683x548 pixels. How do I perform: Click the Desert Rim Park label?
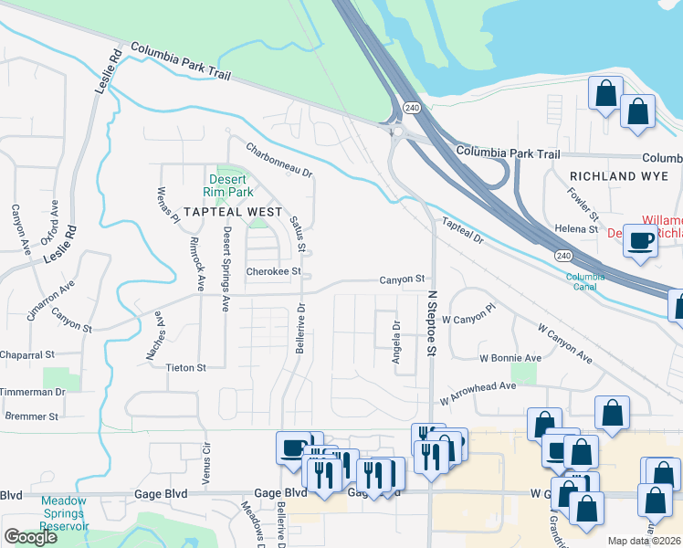tap(227, 185)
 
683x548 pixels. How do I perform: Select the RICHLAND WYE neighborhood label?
tap(614, 174)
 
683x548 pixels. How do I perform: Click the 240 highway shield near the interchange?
tap(413, 108)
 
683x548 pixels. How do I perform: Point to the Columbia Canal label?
tap(584, 281)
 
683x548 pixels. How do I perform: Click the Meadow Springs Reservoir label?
tap(64, 512)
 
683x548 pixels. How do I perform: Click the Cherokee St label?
tap(273, 271)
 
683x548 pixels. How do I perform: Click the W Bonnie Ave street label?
tap(510, 358)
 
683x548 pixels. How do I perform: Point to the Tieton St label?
tap(186, 367)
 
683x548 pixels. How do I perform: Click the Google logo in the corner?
tap(30, 537)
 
